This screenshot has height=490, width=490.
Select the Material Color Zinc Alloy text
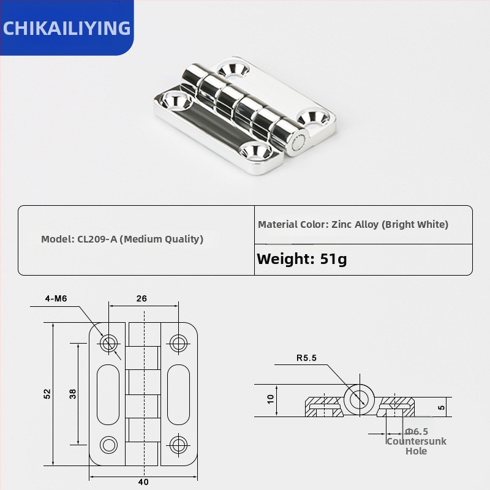(353, 224)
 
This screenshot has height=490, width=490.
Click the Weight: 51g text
(301, 258)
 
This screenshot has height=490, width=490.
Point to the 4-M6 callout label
(56, 299)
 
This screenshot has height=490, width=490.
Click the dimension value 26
(141, 299)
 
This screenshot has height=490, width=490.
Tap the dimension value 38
(73, 394)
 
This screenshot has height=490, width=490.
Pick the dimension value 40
(143, 482)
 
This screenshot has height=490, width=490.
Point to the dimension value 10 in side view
(271, 399)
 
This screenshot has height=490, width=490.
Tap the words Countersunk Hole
(416, 446)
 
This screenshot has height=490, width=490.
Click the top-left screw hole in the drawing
(110, 343)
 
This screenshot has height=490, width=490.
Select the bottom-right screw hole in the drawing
(178, 444)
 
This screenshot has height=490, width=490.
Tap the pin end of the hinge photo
(296, 142)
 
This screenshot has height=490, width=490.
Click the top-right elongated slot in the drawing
(178, 393)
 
